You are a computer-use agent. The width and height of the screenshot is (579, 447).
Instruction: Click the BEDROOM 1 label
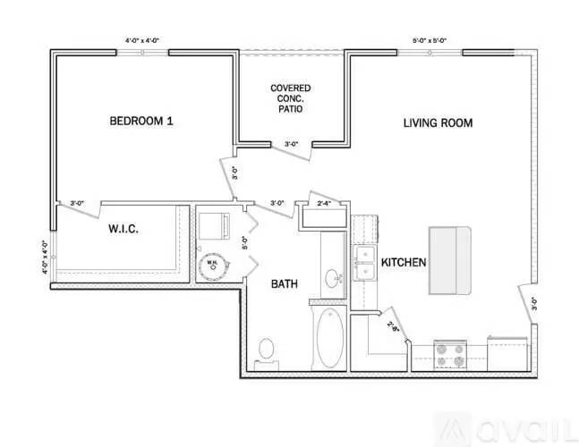(140, 121)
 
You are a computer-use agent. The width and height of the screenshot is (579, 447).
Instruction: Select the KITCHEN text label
(403, 263)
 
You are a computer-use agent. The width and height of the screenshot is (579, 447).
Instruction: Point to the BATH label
(285, 284)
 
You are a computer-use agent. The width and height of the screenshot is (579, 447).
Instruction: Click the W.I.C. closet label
(123, 230)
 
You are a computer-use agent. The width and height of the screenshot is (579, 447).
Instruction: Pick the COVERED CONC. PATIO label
(291, 97)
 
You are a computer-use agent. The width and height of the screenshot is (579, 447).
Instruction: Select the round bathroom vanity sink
(333, 278)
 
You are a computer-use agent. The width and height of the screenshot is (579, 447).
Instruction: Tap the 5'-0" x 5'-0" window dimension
(430, 40)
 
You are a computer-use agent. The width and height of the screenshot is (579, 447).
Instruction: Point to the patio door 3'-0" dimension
(291, 144)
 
